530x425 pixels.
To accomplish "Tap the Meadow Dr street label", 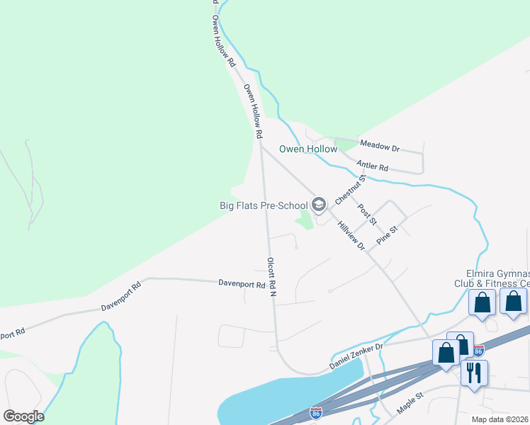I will coord(380,146).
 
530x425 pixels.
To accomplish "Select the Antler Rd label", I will coord(373,167).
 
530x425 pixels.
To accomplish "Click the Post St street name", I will coord(366,214).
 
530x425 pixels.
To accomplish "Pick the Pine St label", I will coord(388,234).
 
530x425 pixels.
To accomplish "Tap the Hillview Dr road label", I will coord(351,237).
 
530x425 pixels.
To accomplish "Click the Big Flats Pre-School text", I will coord(262,206).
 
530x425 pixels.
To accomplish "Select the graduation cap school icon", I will coord(319,205).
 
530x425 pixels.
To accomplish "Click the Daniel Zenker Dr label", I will coord(356,356).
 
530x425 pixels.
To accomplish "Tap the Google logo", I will coord(23,416).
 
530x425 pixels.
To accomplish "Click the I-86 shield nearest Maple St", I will coord(316,412).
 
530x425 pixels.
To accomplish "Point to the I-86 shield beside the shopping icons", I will coord(479,351).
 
